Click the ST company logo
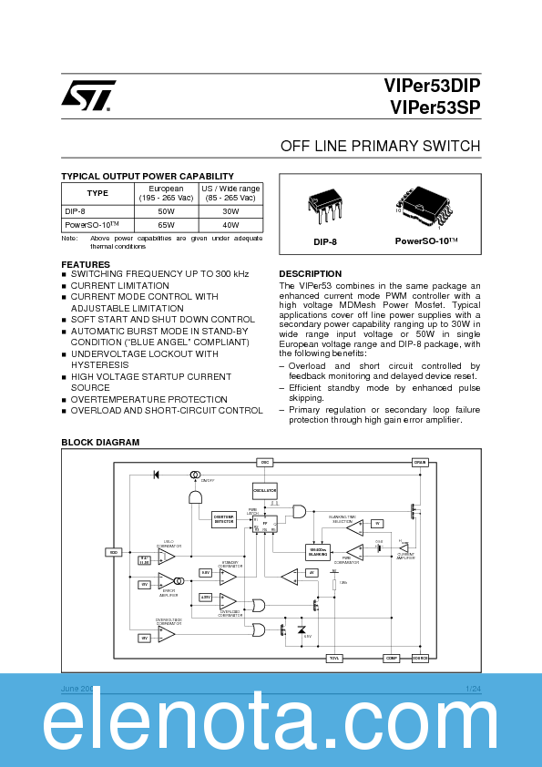point(88,96)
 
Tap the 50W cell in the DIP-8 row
point(166,210)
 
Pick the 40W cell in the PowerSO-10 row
point(230,224)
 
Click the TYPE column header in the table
point(97,193)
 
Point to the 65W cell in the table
point(166,224)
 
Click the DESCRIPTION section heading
point(310,273)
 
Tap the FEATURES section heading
point(86,264)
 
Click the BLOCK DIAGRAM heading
point(100,442)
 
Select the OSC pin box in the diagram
point(266,462)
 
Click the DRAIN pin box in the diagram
point(420,462)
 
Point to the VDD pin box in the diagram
point(114,552)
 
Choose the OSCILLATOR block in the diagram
point(264,491)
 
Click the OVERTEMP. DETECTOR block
point(224,519)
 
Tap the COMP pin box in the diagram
point(392,658)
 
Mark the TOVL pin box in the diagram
point(334,658)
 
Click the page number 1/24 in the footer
point(473,689)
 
